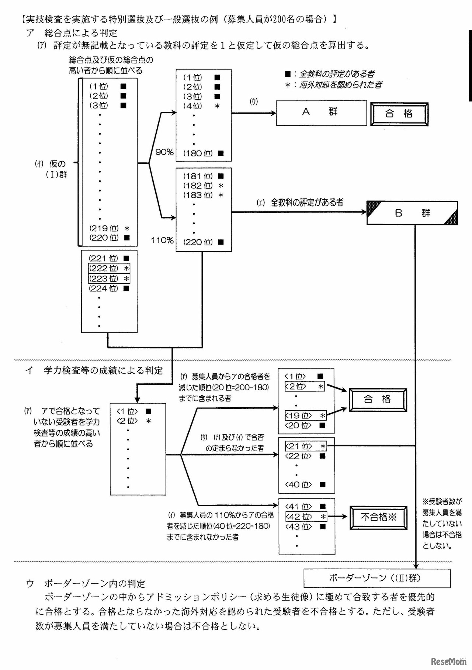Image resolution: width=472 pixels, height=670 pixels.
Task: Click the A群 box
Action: (321, 113)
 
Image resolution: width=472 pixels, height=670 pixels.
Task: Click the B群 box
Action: (412, 213)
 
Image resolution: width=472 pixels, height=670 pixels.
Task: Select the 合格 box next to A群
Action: (399, 114)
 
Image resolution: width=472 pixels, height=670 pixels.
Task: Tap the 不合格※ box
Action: (378, 517)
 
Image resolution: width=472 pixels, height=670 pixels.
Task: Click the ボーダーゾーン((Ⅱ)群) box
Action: (376, 578)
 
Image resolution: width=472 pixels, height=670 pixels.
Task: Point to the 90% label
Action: (164, 152)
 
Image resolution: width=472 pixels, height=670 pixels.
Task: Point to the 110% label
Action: (162, 241)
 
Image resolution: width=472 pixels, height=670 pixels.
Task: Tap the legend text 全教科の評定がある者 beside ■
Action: (337, 74)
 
